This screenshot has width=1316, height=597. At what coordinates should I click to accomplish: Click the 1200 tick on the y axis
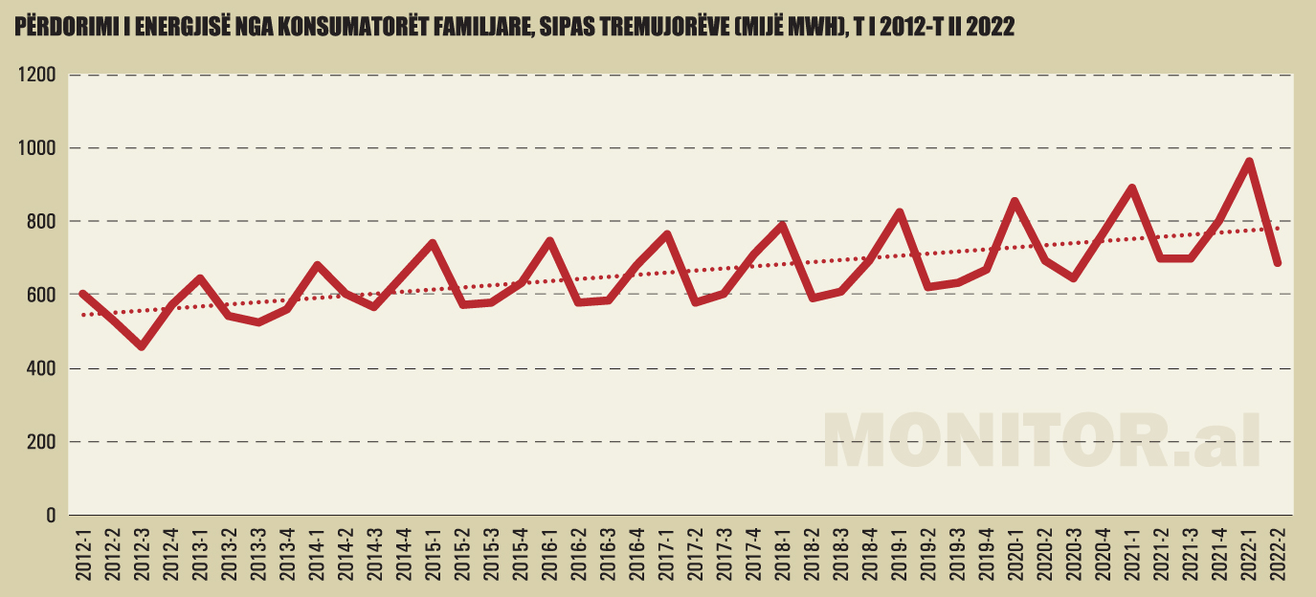pos(37,75)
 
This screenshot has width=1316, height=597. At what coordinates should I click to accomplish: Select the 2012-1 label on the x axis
pos(83,554)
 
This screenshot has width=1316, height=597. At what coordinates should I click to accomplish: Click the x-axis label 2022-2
pos(1277,554)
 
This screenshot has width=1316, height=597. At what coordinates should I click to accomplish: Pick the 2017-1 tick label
pos(666,554)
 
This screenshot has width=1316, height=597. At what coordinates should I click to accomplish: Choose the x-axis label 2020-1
pos(1015,554)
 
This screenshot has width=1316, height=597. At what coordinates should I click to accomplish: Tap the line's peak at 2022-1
pos(1248,162)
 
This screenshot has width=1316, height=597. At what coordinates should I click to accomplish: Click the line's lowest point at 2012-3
pos(142,345)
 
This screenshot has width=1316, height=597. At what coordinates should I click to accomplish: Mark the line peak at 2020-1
pos(1015,201)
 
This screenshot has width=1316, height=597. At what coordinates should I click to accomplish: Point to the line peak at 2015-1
pos(433,243)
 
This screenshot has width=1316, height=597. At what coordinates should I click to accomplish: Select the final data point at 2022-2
pos(1277,263)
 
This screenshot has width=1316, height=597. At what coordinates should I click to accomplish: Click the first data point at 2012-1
pos(83,294)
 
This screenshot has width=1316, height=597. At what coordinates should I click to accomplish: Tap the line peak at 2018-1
pos(782,226)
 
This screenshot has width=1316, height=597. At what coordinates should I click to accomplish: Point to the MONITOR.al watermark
pos(1041,440)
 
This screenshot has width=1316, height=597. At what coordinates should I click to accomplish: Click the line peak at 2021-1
pos(1131,188)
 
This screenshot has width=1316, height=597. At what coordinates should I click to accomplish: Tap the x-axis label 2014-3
pos(374,554)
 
